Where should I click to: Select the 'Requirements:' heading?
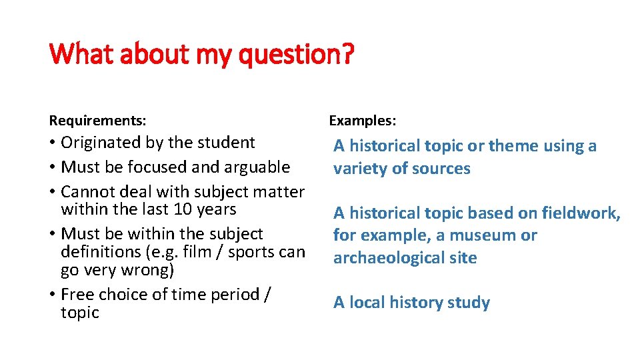[98, 121]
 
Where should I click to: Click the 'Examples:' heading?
[363, 121]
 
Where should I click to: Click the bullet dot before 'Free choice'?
[53, 295]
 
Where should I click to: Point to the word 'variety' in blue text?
[360, 169]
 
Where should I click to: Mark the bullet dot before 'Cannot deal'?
[53, 192]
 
